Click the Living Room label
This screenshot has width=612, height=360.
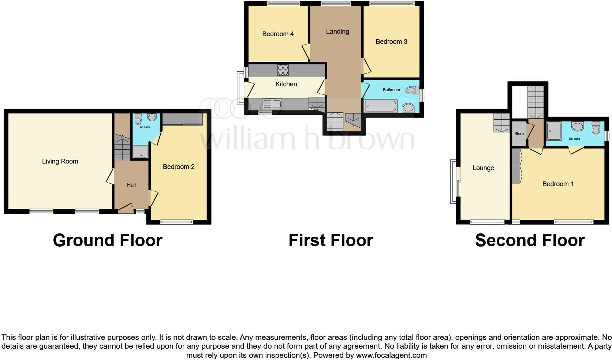60,161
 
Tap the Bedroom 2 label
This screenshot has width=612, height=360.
179,167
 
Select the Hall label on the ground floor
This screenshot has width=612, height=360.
131,185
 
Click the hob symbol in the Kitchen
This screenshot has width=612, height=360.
283,70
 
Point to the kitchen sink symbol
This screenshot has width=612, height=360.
272,104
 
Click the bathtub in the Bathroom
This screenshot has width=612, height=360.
381,106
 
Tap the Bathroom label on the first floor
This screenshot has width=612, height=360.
391,90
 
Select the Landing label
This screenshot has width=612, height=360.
337,31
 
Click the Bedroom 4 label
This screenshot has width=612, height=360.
278,34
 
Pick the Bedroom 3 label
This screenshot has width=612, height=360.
391,42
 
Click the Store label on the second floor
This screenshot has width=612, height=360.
519,134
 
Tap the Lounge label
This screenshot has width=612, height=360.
483,168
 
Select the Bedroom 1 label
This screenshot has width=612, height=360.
558,184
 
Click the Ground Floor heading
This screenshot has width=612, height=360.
108,240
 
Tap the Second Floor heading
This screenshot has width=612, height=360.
530,240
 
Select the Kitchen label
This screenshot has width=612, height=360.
286,84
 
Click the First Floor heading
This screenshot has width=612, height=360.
331,240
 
